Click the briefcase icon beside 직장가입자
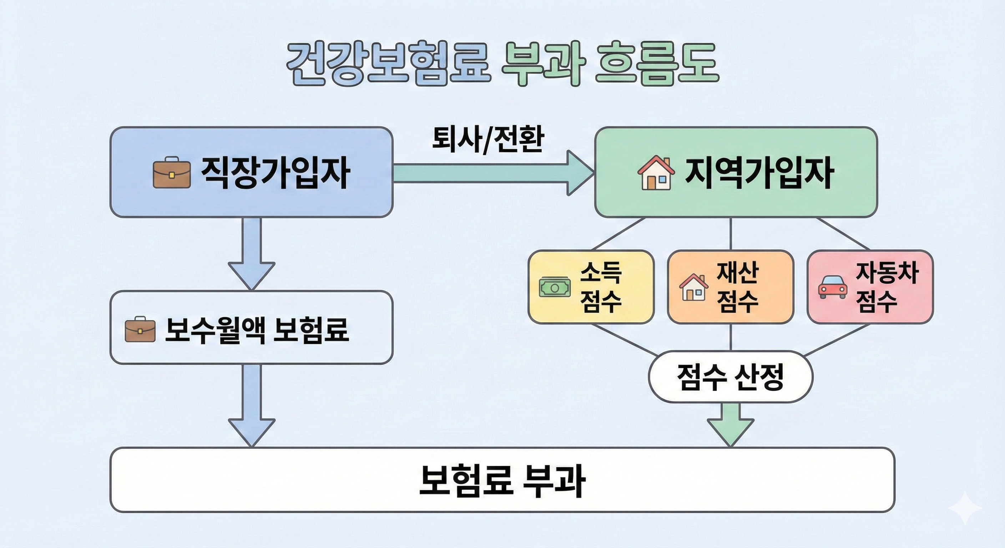171,173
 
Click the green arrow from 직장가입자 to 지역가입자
491,173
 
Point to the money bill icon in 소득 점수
554,288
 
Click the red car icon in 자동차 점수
832,288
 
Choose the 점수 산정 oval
730,377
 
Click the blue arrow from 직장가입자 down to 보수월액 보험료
252,254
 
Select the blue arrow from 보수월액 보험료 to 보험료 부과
252,406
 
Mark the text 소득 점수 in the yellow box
600,288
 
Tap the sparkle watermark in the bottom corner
965,508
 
